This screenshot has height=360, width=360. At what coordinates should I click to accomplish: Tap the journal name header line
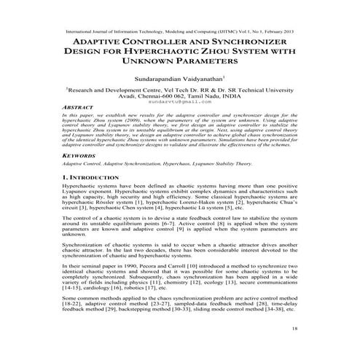(x=179, y=33)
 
